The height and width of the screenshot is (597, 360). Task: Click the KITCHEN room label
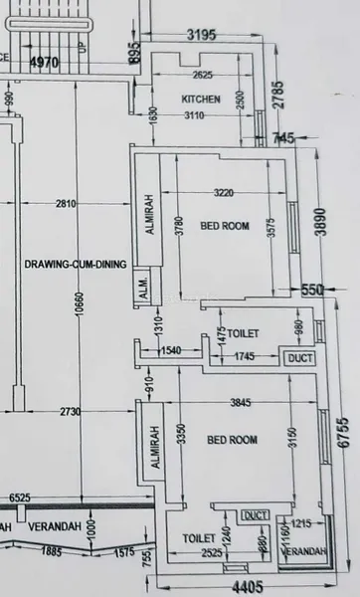(200, 99)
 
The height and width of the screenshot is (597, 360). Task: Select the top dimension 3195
(201, 36)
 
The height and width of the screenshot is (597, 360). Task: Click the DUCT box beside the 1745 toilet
(298, 357)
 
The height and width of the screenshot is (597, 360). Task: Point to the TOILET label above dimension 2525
(199, 536)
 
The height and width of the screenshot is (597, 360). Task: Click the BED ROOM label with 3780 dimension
(225, 226)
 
